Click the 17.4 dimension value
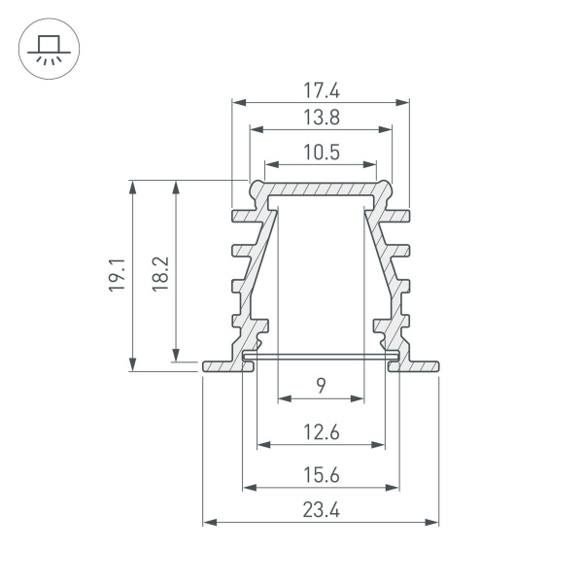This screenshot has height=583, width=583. click(x=321, y=90)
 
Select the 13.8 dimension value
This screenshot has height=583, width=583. click(x=321, y=119)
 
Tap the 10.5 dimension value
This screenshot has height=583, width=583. click(x=321, y=153)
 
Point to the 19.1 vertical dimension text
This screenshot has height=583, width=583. click(x=117, y=275)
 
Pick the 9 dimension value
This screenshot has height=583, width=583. click(x=321, y=387)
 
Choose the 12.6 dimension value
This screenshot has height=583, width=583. click(x=321, y=433)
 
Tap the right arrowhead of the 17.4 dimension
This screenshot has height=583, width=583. click(x=403, y=102)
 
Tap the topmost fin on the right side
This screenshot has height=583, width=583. click(x=400, y=214)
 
